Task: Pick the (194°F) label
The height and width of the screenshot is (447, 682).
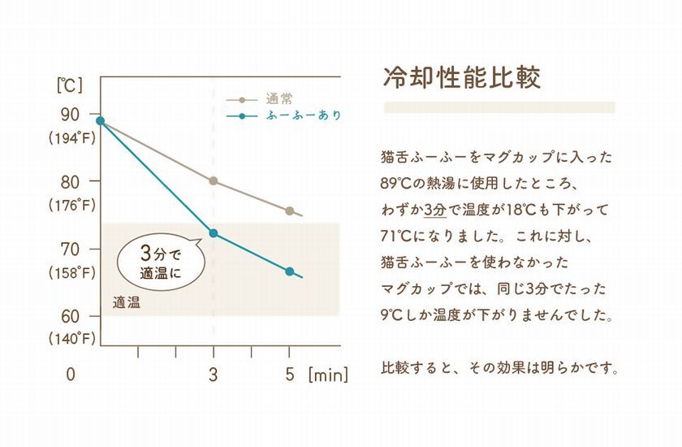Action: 71,138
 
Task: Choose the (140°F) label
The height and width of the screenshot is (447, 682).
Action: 71,338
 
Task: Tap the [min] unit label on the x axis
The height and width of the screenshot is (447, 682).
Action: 327,375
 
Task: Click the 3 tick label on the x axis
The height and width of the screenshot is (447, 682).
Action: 214,375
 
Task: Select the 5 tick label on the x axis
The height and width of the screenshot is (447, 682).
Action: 289,375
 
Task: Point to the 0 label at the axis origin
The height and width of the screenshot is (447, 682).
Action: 71,375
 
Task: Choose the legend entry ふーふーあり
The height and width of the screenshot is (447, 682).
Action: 303,116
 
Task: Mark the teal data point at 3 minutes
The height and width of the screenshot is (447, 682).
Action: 214,233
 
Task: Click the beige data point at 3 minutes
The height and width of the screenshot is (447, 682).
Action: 214,181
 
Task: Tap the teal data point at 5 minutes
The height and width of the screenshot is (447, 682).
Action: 289,271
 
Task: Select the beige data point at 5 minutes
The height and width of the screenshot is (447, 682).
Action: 289,211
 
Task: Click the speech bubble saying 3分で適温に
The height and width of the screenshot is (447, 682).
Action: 159,262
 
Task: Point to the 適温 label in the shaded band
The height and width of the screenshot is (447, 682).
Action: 127,303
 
